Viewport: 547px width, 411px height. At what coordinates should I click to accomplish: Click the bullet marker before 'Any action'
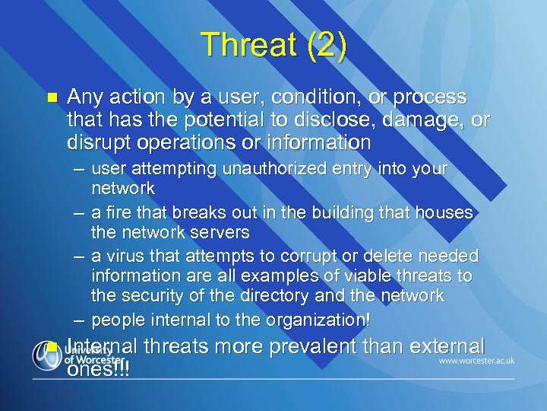pyautogui.click(x=52, y=98)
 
